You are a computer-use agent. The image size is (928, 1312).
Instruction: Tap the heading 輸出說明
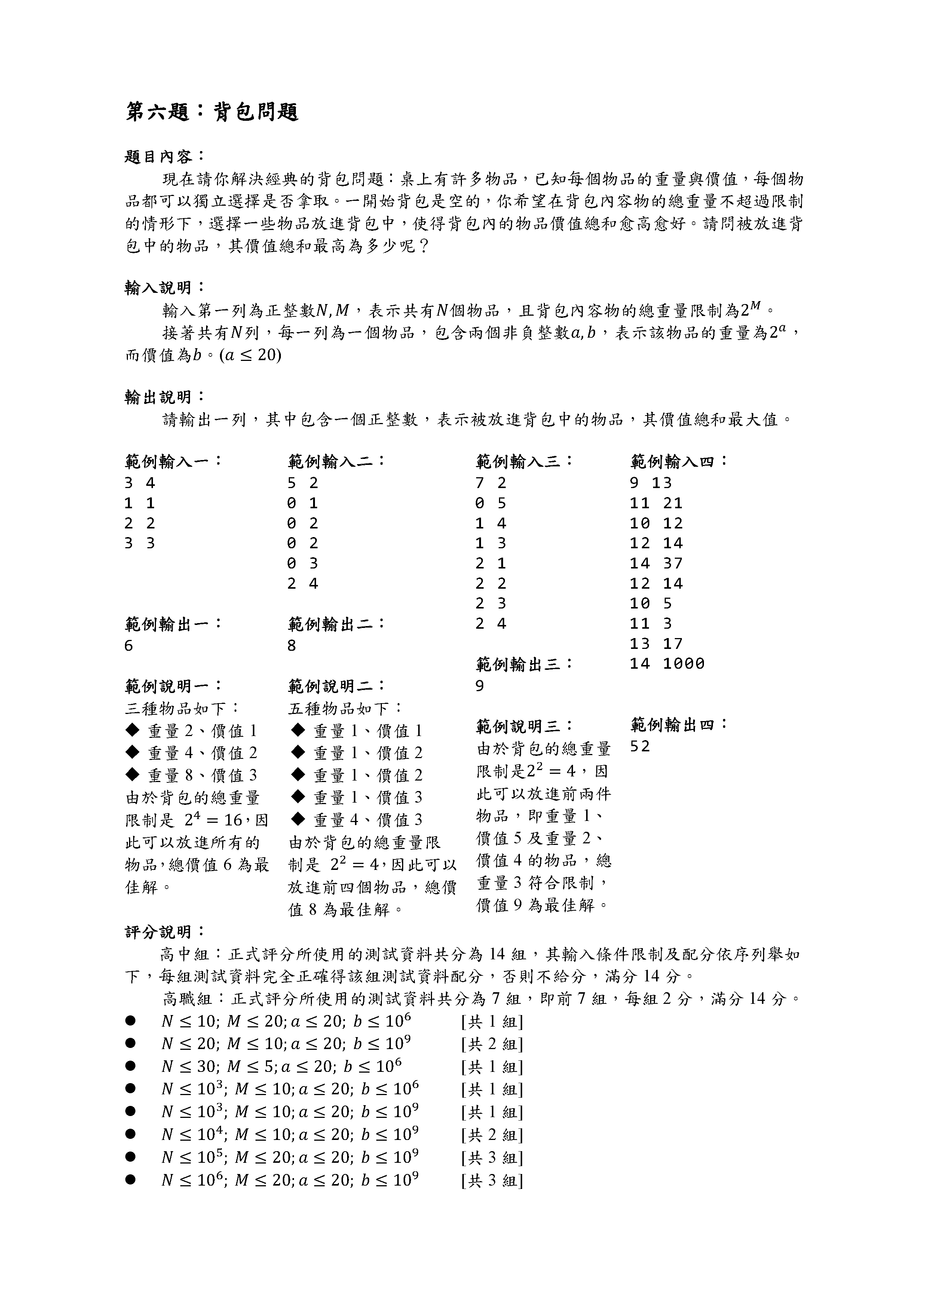163,396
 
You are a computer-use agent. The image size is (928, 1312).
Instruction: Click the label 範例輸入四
679,460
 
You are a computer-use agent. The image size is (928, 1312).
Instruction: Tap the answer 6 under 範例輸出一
129,646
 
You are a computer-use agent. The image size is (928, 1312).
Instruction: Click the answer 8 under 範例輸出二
292,646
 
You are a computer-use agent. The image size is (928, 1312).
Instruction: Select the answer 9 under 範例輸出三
480,686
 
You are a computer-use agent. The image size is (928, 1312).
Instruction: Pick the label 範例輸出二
337,623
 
